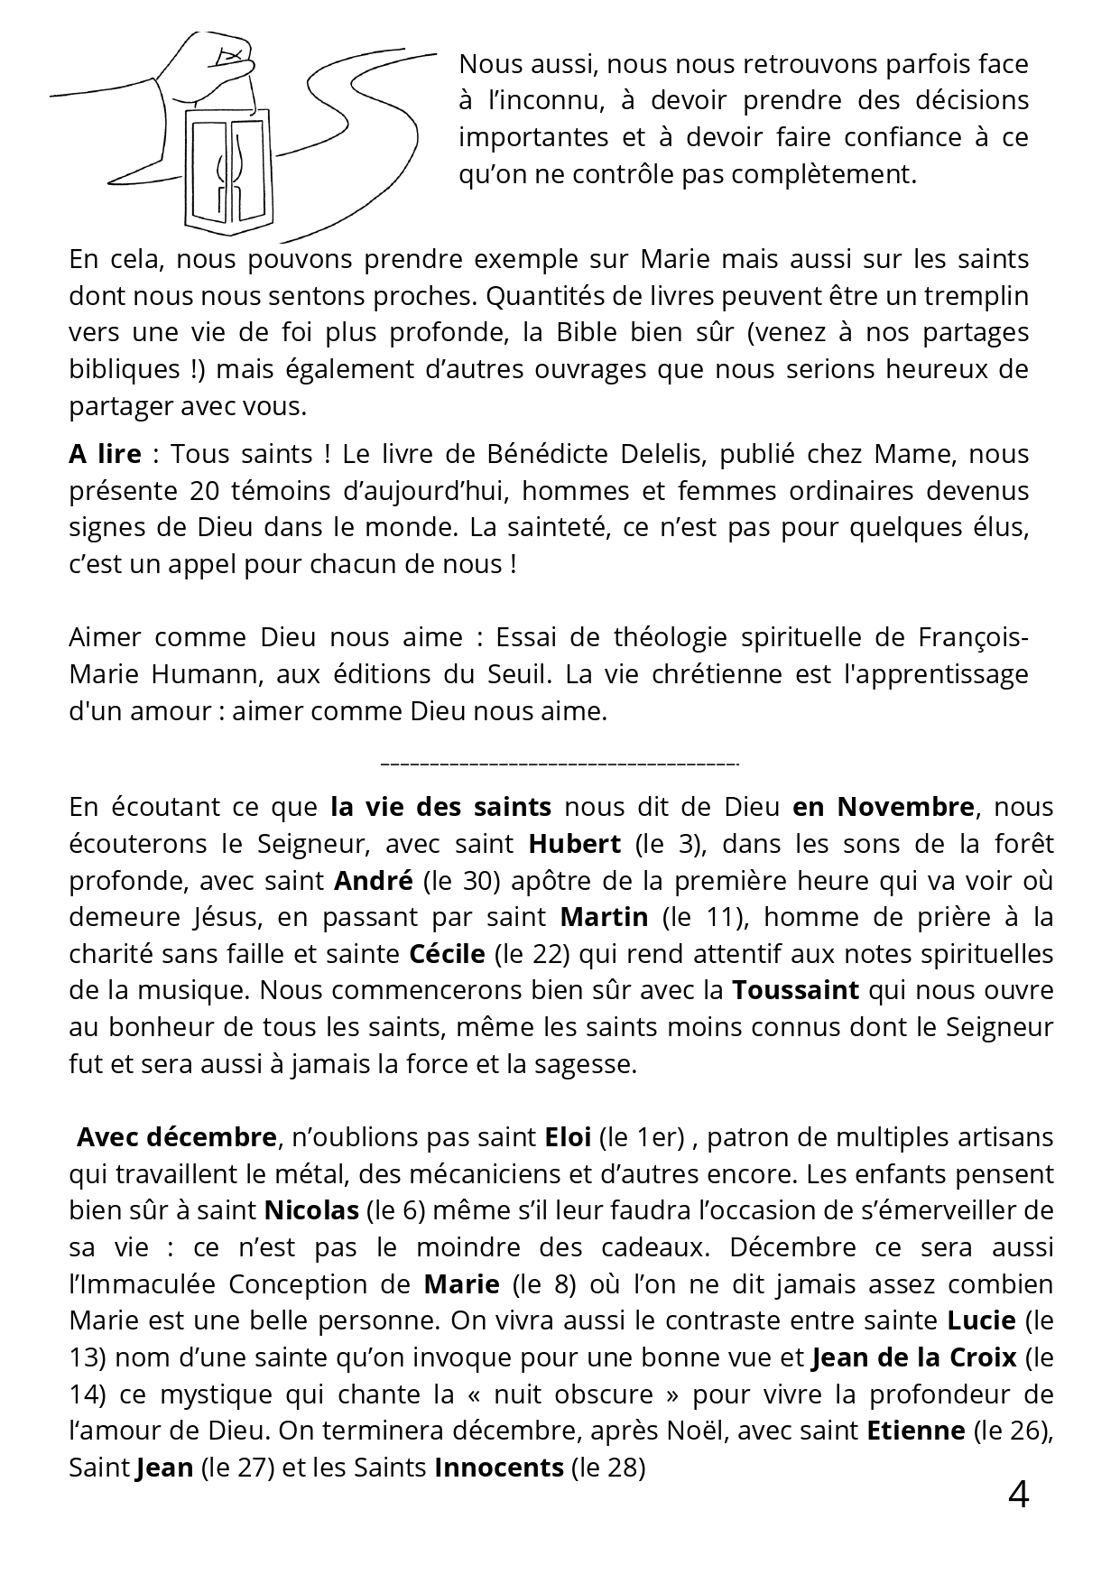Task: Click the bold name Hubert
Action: coord(574,844)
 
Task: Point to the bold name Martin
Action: coord(604,917)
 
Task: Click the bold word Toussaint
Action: coord(795,990)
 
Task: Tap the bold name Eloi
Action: coord(568,1137)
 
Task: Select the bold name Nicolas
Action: coord(311,1210)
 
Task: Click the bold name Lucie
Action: coord(982,1320)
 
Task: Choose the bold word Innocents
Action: coord(498,1468)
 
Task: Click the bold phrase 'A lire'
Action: coord(105,454)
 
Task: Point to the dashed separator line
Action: coord(560,764)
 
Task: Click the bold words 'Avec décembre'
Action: coord(176,1137)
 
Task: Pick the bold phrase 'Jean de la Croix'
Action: coord(914,1357)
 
